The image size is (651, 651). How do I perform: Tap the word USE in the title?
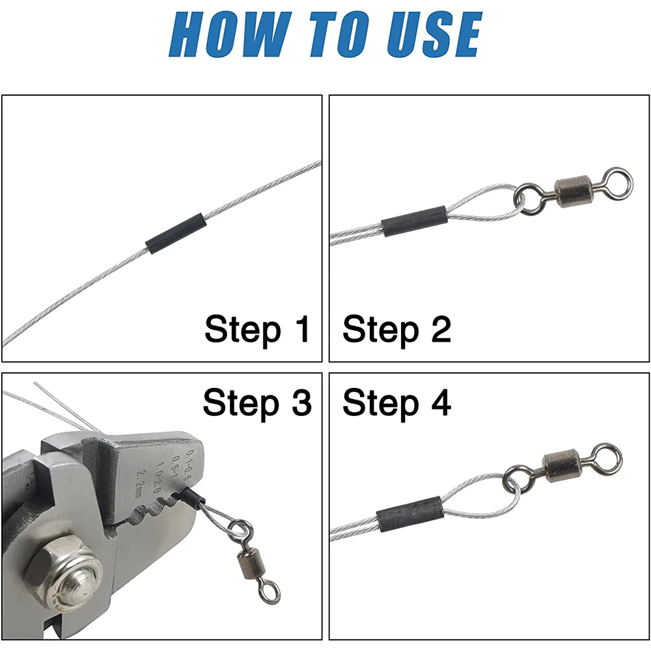(x=435, y=34)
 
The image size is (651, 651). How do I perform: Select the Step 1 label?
(x=257, y=329)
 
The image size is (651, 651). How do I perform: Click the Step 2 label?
(x=397, y=329)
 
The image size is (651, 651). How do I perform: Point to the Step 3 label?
(x=257, y=403)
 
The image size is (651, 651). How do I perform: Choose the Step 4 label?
(x=397, y=403)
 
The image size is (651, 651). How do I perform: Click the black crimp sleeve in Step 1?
(x=176, y=234)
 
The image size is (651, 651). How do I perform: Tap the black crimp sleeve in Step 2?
(x=414, y=221)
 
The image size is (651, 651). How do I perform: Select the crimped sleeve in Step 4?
(x=410, y=514)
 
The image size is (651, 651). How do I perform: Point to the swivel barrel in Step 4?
(x=562, y=466)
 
